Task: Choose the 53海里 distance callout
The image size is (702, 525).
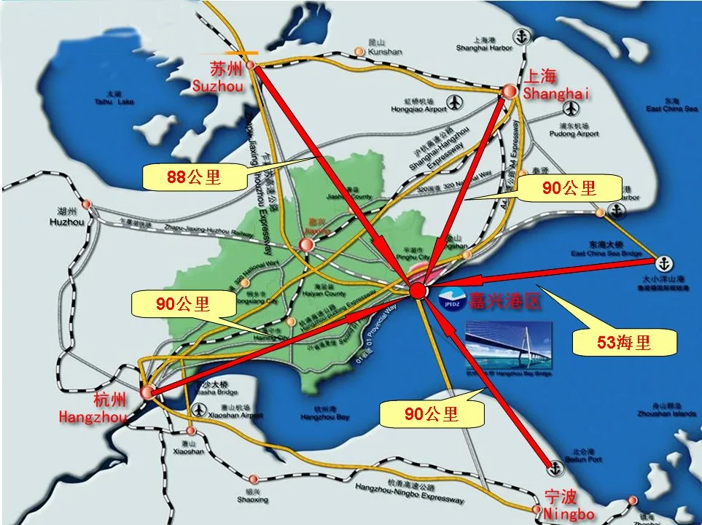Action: click(x=624, y=341)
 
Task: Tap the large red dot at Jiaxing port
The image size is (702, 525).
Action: click(x=418, y=291)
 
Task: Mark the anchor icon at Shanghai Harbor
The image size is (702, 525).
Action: click(x=521, y=35)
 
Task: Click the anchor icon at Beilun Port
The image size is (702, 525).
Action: click(x=555, y=464)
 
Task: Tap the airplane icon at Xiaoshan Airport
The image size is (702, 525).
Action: click(x=196, y=411)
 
